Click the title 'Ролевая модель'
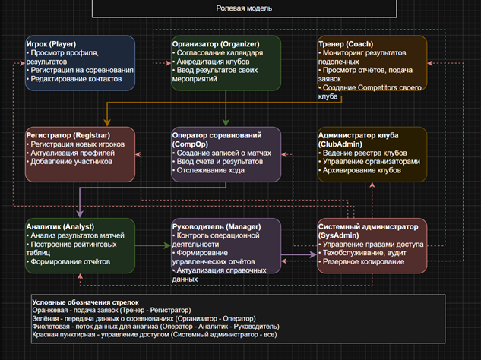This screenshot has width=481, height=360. click(244, 8)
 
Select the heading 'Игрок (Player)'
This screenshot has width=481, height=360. click(51, 44)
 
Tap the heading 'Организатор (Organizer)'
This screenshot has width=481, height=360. click(216, 44)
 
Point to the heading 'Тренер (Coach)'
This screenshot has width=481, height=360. click(346, 44)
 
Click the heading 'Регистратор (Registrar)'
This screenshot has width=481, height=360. click(68, 135)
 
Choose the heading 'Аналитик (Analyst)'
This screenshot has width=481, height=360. click(60, 227)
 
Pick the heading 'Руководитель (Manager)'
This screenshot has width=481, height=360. click(217, 227)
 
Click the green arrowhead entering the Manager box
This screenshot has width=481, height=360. click(167, 245)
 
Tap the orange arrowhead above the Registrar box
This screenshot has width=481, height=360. click(107, 122)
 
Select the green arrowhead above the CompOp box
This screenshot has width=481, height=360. click(226, 122)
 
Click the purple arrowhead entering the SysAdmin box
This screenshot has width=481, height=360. click(314, 254)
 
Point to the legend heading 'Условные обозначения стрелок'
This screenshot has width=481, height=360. click(86, 302)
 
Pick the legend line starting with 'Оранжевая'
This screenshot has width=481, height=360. click(112, 311)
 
